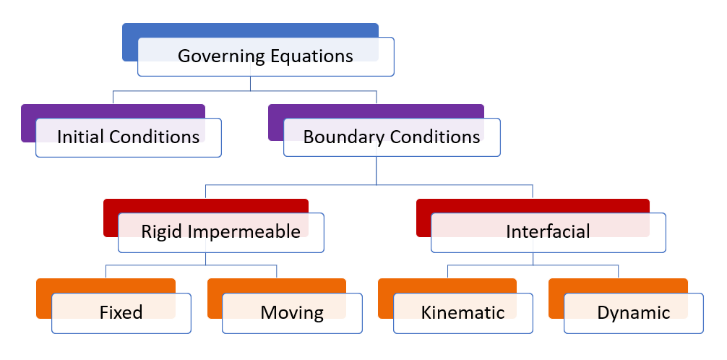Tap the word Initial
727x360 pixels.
[x=81, y=137]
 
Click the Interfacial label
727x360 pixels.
[x=548, y=231]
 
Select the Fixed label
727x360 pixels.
[x=121, y=312]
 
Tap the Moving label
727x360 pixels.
[x=292, y=313]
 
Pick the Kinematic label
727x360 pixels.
[x=463, y=312]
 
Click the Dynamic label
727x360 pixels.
[x=633, y=313]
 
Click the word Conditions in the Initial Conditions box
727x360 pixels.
[x=155, y=137]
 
